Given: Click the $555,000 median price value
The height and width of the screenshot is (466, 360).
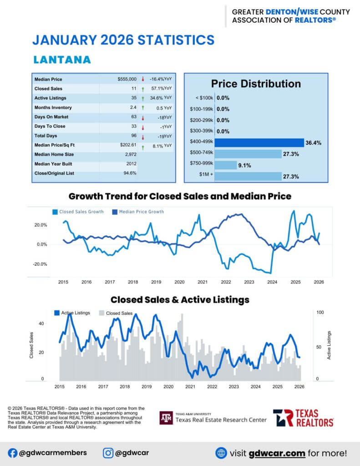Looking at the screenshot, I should tap(127, 79).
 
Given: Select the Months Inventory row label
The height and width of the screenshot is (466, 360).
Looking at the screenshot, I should tap(50, 107).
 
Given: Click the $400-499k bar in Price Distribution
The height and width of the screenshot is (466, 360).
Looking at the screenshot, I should tap(259, 142).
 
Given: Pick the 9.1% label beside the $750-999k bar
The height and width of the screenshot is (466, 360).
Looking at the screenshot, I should tap(244, 166).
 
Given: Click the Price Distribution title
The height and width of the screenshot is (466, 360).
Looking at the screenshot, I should tap(256, 84).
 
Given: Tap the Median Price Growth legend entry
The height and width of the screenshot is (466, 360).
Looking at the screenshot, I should tap(141, 212).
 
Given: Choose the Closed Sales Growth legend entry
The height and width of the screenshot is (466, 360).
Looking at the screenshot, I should tap(81, 212).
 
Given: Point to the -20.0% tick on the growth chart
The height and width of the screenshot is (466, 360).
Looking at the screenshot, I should tap(41, 264).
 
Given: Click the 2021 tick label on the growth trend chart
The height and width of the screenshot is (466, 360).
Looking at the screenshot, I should tap(203, 282).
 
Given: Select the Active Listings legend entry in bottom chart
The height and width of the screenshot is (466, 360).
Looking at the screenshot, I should tap(75, 313).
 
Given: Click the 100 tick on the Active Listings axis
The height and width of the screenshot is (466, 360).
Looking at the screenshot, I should tap(320, 313).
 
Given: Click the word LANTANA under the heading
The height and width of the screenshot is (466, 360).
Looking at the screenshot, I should tap(62, 60).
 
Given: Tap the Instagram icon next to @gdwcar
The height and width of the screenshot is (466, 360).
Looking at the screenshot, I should tap(108, 453).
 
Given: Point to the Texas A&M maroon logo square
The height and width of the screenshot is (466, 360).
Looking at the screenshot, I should tap(166, 418).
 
